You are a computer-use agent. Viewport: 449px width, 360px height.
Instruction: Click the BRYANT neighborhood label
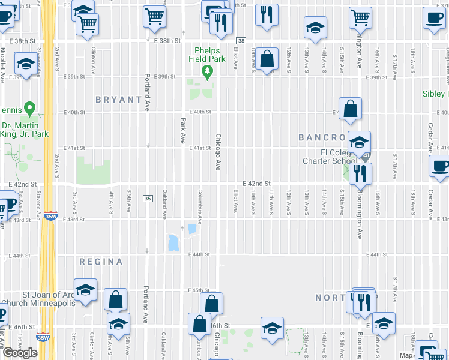118,100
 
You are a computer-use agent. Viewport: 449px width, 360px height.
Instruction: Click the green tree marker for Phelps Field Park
208,73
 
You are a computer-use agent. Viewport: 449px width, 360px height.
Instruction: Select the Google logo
20,353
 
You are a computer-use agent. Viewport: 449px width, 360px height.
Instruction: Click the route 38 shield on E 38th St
241,40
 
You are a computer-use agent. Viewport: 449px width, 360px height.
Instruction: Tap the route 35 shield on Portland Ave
147,198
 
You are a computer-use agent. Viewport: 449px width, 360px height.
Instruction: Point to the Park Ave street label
182,130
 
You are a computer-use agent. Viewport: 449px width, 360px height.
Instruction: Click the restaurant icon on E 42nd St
360,173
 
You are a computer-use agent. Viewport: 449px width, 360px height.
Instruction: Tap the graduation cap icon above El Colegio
359,142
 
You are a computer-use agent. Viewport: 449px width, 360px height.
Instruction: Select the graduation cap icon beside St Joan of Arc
86,289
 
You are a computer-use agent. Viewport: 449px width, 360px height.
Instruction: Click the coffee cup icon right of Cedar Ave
439,166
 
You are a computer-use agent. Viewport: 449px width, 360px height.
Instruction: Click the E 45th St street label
197,290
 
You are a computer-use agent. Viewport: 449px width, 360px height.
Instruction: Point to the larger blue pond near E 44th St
173,242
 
